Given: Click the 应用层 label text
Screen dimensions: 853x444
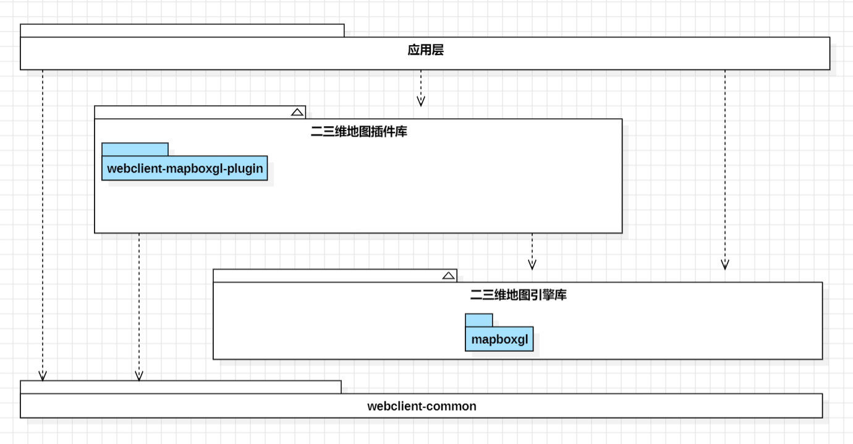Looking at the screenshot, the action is tap(425, 50).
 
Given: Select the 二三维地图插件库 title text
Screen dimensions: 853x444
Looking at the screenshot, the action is tap(359, 132).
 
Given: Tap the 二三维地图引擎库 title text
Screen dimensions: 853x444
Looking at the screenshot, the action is tap(518, 294).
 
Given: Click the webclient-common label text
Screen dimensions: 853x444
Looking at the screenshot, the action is tap(422, 406).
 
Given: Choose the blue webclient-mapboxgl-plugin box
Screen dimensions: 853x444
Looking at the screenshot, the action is tap(185, 168).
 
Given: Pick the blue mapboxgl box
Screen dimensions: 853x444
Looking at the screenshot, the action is tap(499, 339).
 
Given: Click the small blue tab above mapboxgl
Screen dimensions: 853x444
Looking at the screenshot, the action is tap(479, 320).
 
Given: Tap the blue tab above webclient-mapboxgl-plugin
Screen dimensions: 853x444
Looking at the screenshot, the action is tap(135, 150).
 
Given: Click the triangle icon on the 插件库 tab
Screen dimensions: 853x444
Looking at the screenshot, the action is tap(297, 112).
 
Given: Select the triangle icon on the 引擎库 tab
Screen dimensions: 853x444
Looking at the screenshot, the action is tap(449, 276).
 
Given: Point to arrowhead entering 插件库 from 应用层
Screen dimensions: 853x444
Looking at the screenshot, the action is tap(421, 101).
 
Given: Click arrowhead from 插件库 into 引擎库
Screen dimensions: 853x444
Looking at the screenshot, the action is tap(532, 265).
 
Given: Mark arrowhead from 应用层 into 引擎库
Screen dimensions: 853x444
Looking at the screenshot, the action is tap(725, 265).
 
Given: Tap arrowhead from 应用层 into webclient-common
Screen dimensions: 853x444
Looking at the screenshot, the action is tap(43, 376).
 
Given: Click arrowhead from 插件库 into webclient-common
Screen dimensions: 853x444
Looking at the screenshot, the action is tap(139, 376).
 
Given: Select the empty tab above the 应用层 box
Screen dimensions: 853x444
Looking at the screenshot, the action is tap(182, 30).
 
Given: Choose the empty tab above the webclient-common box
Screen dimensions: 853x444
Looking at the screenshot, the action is tap(180, 387).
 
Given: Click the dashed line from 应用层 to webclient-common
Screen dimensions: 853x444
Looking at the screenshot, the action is tap(43, 225).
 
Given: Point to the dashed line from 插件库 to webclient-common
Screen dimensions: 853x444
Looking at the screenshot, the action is tap(139, 307).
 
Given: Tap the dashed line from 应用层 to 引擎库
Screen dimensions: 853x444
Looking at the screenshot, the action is tap(725, 169).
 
